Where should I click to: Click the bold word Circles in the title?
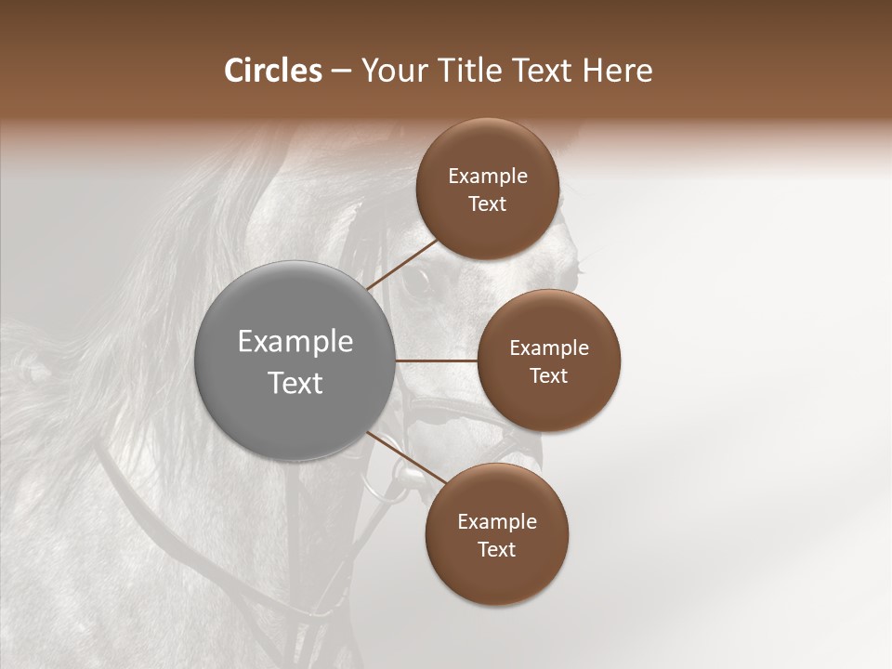point(272,71)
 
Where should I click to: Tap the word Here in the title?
point(618,71)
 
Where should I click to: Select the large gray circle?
point(295,361)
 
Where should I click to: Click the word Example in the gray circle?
point(295,341)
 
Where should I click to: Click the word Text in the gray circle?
point(295,382)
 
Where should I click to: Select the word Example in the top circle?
point(488,176)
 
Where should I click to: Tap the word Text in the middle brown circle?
point(549,375)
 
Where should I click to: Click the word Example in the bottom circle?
point(497,521)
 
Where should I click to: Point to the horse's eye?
point(418,281)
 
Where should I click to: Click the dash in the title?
point(341,71)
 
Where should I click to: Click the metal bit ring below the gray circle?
point(381,483)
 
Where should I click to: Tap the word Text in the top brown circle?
point(488,203)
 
